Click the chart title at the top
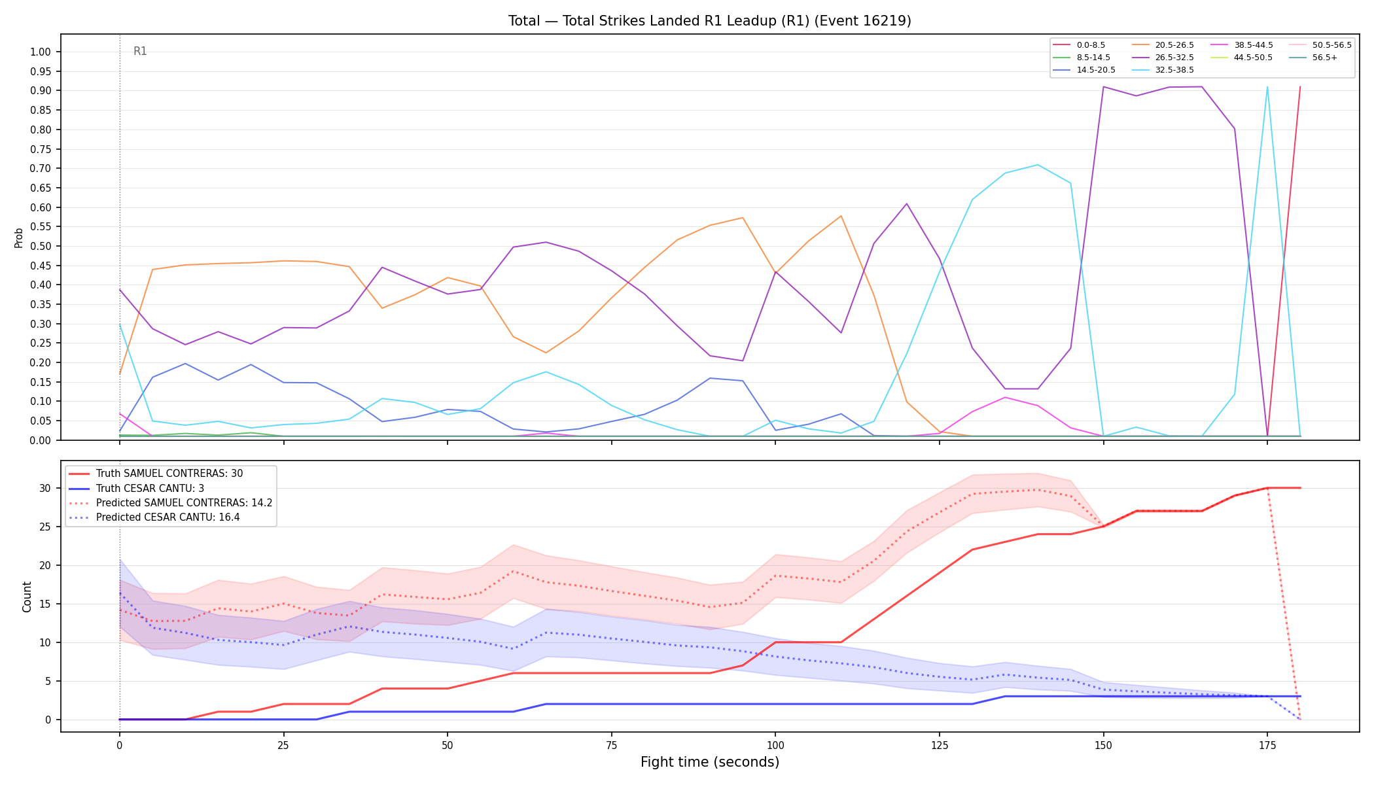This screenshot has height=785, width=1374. (710, 21)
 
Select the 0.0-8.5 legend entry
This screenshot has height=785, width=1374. (1079, 45)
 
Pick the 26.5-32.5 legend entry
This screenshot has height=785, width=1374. (1163, 58)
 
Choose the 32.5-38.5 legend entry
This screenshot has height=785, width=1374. (1163, 70)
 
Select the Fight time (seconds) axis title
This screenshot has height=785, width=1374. (710, 762)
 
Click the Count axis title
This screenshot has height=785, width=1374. (27, 597)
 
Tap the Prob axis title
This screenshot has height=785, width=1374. (19, 237)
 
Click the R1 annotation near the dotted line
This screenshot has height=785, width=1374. (140, 51)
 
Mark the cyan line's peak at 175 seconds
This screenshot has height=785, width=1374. (1267, 87)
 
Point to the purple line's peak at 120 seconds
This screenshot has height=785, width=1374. (906, 203)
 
